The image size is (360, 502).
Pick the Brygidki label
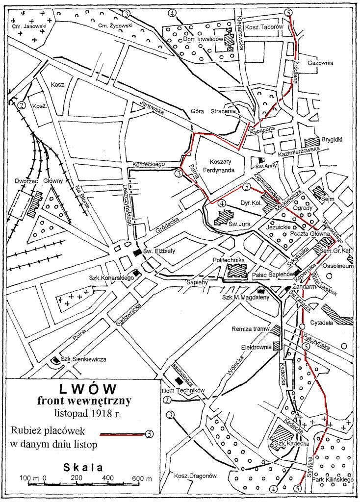coord(332,139)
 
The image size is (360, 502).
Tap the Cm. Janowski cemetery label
coord(28,25)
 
